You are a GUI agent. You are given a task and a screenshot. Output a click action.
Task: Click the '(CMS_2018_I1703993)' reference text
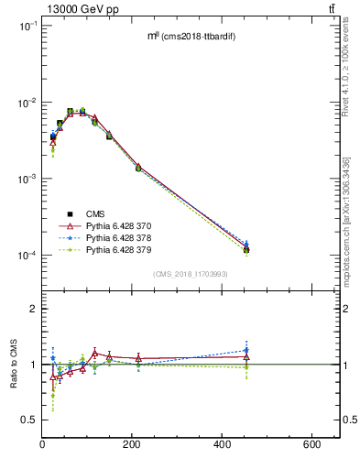point(190,274)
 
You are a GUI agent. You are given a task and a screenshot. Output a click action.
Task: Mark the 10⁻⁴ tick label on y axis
point(27,256)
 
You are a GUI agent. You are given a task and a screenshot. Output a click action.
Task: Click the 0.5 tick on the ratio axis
point(30,420)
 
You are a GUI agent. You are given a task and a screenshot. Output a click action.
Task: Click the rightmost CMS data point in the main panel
point(246,250)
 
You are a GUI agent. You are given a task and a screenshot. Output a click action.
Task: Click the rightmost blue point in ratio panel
point(246,350)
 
